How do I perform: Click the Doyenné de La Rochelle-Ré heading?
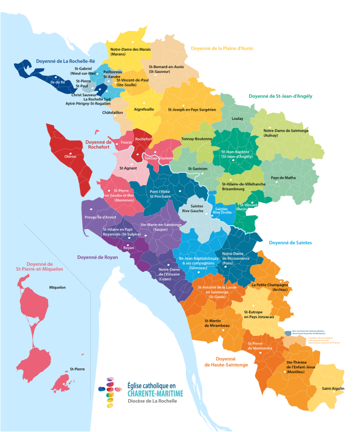(65, 61)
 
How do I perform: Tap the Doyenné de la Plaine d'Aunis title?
(222, 48)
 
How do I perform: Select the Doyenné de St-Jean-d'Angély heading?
(281, 96)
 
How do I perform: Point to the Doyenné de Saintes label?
(290, 243)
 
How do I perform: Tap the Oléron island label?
(70, 156)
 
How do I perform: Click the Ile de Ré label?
(57, 82)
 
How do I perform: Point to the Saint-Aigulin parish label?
(333, 389)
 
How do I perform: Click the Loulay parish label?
(237, 118)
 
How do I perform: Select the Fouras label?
(126, 142)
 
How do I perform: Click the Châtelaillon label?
(112, 113)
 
